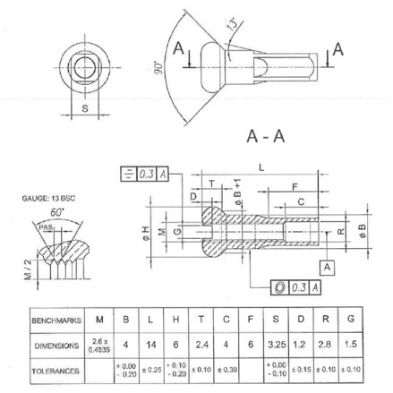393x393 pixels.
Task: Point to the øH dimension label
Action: pyautogui.click(x=145, y=234)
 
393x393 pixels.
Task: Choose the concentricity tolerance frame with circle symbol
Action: pyautogui.click(x=295, y=286)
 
